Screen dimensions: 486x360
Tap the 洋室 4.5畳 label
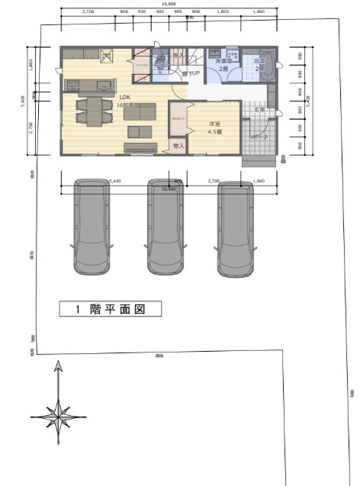tap(215, 127)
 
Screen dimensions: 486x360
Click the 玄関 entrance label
tap(259, 110)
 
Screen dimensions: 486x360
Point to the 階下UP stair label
tap(191, 73)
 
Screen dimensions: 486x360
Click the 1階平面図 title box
tap(111, 309)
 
